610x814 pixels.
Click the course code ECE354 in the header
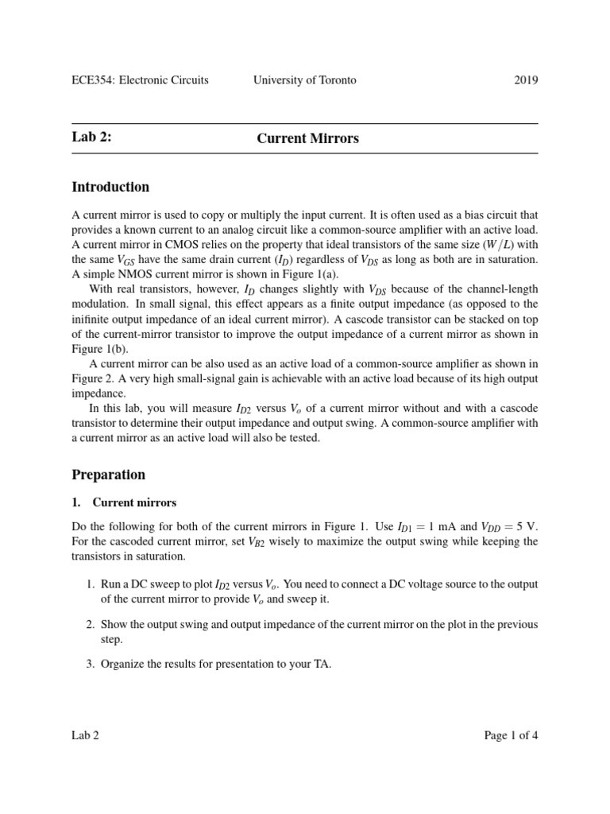click(x=94, y=80)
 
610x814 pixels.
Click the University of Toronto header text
click(x=304, y=80)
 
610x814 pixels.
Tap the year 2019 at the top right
click(x=525, y=80)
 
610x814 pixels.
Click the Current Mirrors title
click(x=307, y=138)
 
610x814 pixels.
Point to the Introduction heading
click(x=110, y=188)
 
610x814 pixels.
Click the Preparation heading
click(x=109, y=475)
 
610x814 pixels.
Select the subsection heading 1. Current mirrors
click(x=124, y=503)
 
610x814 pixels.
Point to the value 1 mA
click(x=446, y=527)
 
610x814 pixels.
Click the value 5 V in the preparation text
click(x=528, y=527)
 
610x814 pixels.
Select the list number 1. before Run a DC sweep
click(x=91, y=584)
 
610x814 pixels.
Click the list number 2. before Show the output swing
click(x=91, y=625)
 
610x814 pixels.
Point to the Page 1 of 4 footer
click(x=511, y=735)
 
